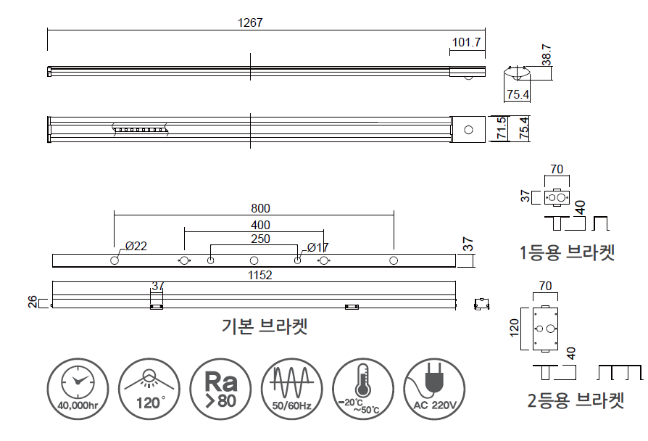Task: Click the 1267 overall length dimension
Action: pyautogui.click(x=250, y=22)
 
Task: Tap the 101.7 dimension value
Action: pyautogui.click(x=466, y=43)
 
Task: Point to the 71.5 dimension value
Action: pyautogui.click(x=500, y=128)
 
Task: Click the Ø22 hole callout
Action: pyautogui.click(x=136, y=247)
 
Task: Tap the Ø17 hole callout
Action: pyautogui.click(x=317, y=247)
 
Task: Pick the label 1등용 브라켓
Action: pyautogui.click(x=566, y=252)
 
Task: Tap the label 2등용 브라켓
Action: pyautogui.click(x=575, y=400)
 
